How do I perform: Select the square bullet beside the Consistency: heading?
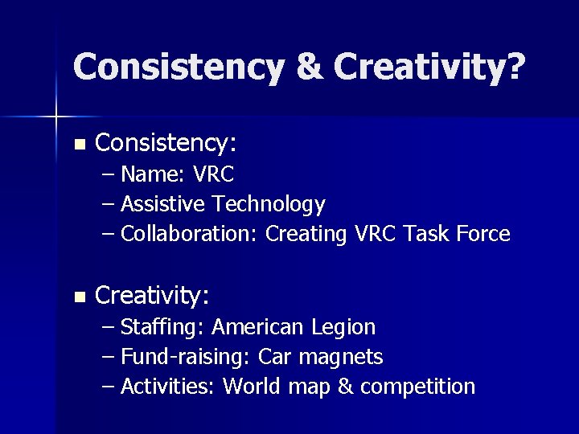pos(78,145)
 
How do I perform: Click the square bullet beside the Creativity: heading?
pos(78,297)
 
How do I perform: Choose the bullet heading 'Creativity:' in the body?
pos(152,297)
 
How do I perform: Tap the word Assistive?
pos(164,205)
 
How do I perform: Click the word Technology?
pos(269,205)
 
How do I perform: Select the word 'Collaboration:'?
pos(189,235)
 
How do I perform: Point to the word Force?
pos(482,235)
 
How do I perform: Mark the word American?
pos(258,327)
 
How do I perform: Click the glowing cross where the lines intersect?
pos(56,117)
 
